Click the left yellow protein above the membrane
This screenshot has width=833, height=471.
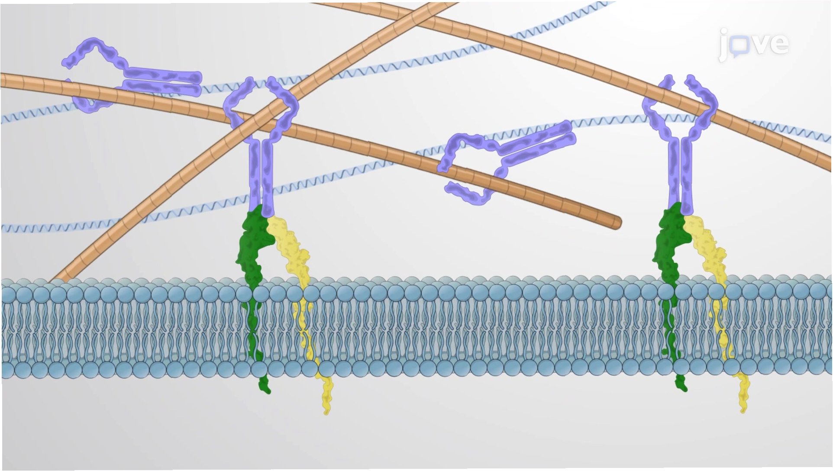pos(290,247)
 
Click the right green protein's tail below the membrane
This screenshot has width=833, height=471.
pos(681,382)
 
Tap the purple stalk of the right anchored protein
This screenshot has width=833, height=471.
pos(680,173)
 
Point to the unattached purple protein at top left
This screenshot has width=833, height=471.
pos(130,78)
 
